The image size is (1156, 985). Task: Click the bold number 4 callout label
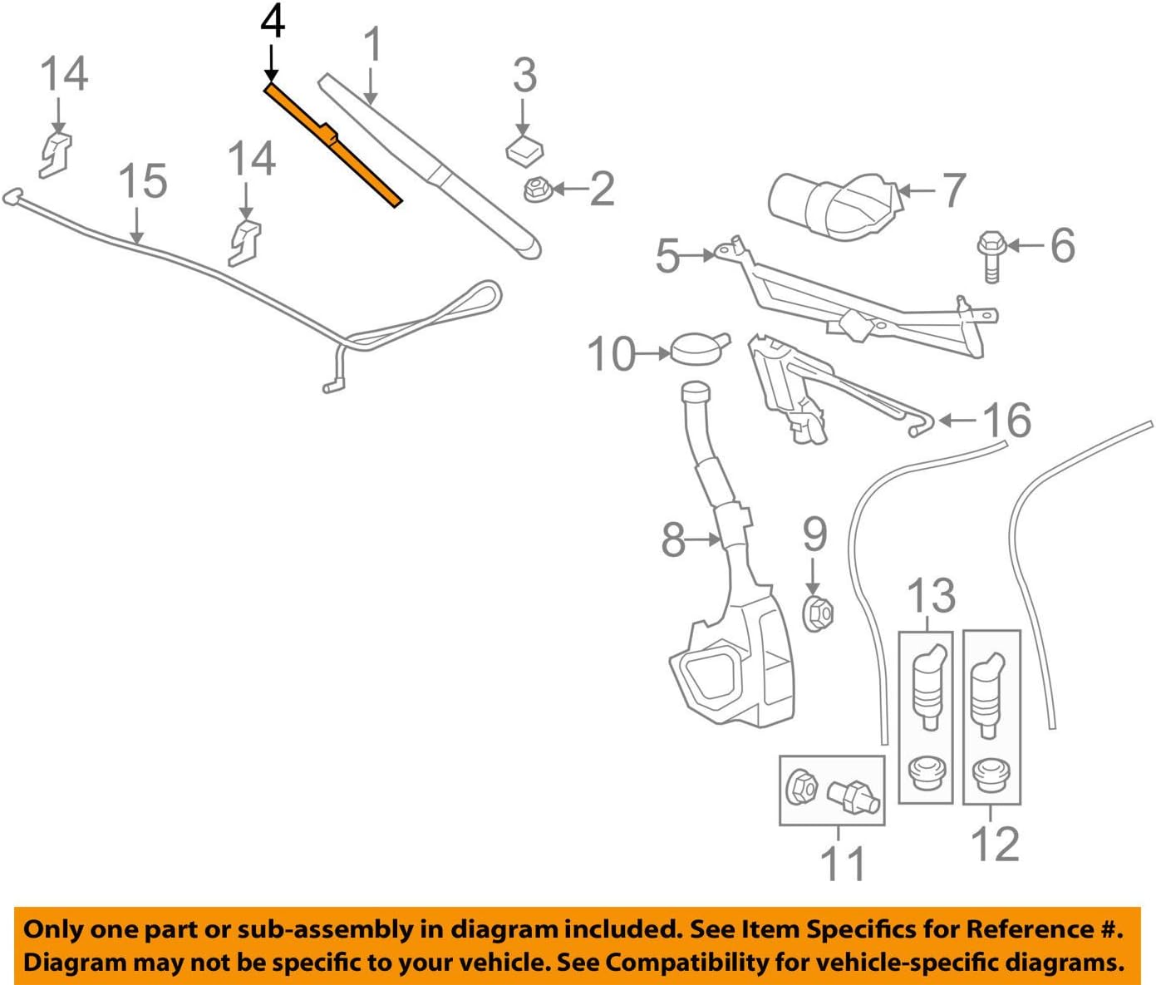(x=273, y=22)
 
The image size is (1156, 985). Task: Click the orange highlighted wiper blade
(x=332, y=144)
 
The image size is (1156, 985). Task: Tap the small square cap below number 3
(x=524, y=150)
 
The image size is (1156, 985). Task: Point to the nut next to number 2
(x=535, y=190)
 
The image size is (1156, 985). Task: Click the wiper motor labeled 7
(x=831, y=205)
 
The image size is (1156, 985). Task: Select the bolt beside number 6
(x=991, y=258)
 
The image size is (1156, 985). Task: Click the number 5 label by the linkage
(x=668, y=256)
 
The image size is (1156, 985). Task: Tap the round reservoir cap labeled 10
(x=696, y=349)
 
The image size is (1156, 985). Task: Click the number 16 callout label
(x=1007, y=421)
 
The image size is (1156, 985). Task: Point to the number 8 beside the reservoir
(x=673, y=540)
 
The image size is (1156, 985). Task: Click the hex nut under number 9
(x=817, y=613)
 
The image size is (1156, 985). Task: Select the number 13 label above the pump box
(x=931, y=596)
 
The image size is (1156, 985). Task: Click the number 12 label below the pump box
(x=995, y=845)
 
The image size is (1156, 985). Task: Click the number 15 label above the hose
(x=142, y=181)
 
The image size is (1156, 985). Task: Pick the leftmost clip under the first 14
(x=56, y=153)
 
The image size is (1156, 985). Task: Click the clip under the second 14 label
(x=245, y=242)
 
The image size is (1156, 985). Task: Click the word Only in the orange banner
(x=52, y=930)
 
